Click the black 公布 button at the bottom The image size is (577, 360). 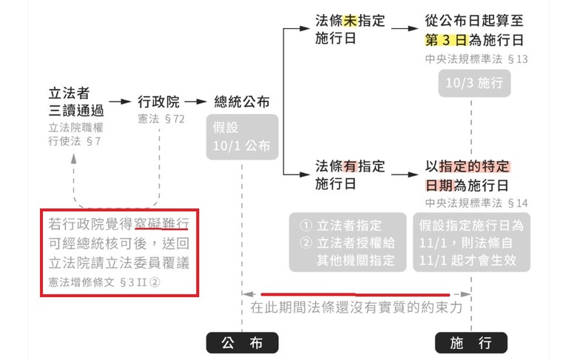(242, 343)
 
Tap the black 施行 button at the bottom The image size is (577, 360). (471, 343)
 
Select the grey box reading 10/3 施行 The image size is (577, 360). (474, 83)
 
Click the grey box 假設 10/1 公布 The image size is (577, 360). (242, 137)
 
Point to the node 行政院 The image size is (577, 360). (158, 102)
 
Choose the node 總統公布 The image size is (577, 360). (242, 102)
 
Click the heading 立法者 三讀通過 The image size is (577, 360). (76, 102)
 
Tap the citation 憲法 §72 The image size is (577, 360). (161, 119)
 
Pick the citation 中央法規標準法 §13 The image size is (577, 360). (476, 59)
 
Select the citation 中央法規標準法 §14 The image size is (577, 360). (476, 203)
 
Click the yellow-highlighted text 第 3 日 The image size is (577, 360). (446, 40)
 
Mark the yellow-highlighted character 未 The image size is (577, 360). (350, 21)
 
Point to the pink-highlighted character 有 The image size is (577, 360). (350, 166)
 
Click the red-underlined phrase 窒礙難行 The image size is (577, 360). (161, 223)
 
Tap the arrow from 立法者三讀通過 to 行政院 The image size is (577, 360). (120, 102)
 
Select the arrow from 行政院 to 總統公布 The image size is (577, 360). (196, 102)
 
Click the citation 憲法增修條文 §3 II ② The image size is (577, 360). (104, 282)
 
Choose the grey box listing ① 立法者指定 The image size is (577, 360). (348, 242)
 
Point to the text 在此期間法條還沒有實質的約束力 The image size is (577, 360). (357, 308)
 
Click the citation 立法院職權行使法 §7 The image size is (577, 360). (76, 135)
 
